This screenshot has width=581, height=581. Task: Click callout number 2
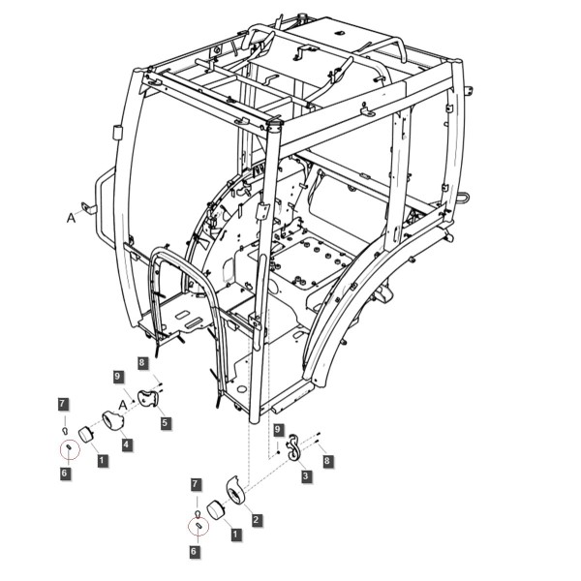[256, 519]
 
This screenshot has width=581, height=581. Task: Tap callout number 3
[305, 475]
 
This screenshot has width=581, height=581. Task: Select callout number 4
[127, 444]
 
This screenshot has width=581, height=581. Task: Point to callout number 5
[165, 422]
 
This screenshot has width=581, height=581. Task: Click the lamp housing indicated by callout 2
[235, 490]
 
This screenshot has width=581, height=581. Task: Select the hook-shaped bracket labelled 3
[293, 446]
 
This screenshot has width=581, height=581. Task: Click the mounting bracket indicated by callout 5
[148, 399]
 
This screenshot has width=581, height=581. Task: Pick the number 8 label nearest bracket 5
[142, 362]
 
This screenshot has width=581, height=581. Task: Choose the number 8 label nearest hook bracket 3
[326, 461]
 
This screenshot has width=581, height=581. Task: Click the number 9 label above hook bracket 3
[278, 430]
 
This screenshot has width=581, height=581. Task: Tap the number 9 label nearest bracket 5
[118, 377]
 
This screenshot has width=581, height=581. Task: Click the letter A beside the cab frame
[71, 218]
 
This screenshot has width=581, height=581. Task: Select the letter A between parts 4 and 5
[123, 406]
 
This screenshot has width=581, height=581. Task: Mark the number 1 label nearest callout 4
[102, 461]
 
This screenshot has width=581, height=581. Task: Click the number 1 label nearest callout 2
[235, 535]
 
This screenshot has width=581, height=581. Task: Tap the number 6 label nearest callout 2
[194, 551]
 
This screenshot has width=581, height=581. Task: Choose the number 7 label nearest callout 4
[63, 404]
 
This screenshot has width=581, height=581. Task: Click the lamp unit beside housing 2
[215, 510]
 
